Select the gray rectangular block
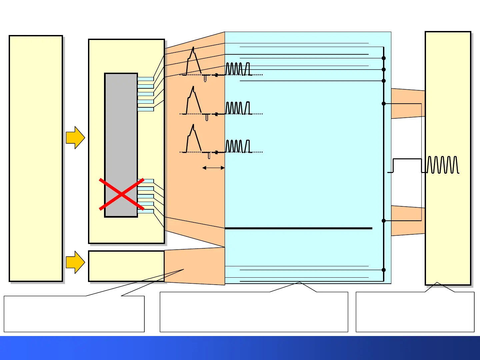(121, 133)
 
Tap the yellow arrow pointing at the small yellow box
(75, 262)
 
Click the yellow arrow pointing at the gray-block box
(75, 137)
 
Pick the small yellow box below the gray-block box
(126, 266)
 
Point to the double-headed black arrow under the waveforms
(213, 168)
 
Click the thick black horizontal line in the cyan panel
(298, 228)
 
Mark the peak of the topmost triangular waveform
(193, 48)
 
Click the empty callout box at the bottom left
(74, 314)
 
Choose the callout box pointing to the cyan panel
(254, 312)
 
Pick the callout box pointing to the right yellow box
(415, 312)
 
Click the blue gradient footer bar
(240, 348)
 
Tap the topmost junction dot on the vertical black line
(384, 58)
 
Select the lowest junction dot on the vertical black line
(384, 270)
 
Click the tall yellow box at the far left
(36, 158)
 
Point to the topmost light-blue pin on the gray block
(146, 79)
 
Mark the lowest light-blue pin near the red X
(146, 211)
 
